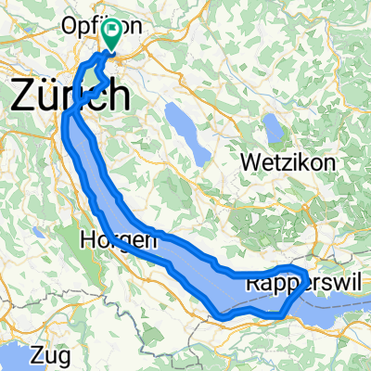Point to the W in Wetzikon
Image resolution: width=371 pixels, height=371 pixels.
248,161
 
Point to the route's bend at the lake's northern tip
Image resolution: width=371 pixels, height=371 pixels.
68,113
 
